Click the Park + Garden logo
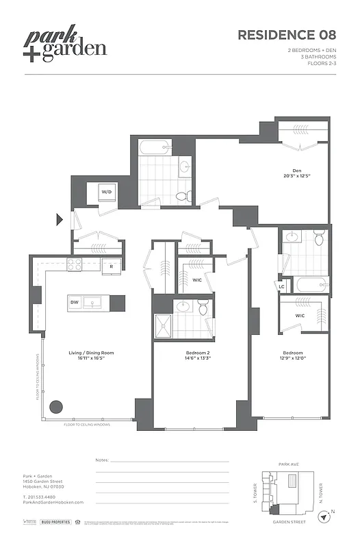point(66,46)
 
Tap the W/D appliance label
point(107,192)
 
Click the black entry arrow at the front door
point(60,219)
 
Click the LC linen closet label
point(282,286)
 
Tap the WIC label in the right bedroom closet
point(299,316)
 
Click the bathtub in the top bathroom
point(154,147)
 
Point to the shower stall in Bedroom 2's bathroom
point(164,325)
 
